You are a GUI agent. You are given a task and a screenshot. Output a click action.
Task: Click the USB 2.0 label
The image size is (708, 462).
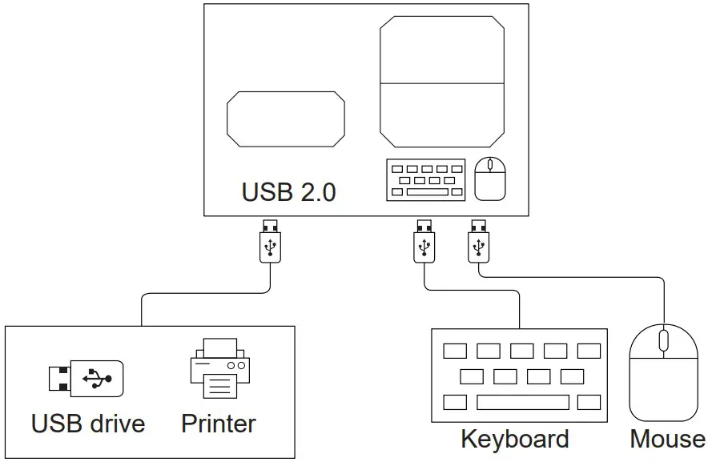(288, 193)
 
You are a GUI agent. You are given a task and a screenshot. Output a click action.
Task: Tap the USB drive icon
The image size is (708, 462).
(86, 377)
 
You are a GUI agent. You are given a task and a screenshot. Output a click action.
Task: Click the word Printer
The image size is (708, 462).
(219, 423)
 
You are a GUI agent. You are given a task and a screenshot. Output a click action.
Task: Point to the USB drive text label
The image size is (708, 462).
(88, 423)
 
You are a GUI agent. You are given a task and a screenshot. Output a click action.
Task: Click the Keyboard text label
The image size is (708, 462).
(514, 439)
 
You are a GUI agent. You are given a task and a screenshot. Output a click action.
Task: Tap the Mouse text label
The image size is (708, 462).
(667, 439)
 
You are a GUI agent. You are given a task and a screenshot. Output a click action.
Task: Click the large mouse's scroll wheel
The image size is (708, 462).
(662, 340)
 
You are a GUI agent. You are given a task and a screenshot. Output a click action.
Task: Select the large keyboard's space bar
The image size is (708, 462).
(522, 402)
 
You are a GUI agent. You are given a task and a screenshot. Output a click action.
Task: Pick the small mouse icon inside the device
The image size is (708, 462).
(490, 179)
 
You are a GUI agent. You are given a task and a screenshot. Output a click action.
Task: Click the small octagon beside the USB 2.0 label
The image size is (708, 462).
(286, 119)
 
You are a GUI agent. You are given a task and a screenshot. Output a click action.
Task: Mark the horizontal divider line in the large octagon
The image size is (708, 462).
(442, 82)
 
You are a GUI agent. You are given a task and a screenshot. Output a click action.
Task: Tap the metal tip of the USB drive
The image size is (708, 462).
(58, 377)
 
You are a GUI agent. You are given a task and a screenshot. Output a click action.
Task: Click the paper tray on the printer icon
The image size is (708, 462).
(219, 388)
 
